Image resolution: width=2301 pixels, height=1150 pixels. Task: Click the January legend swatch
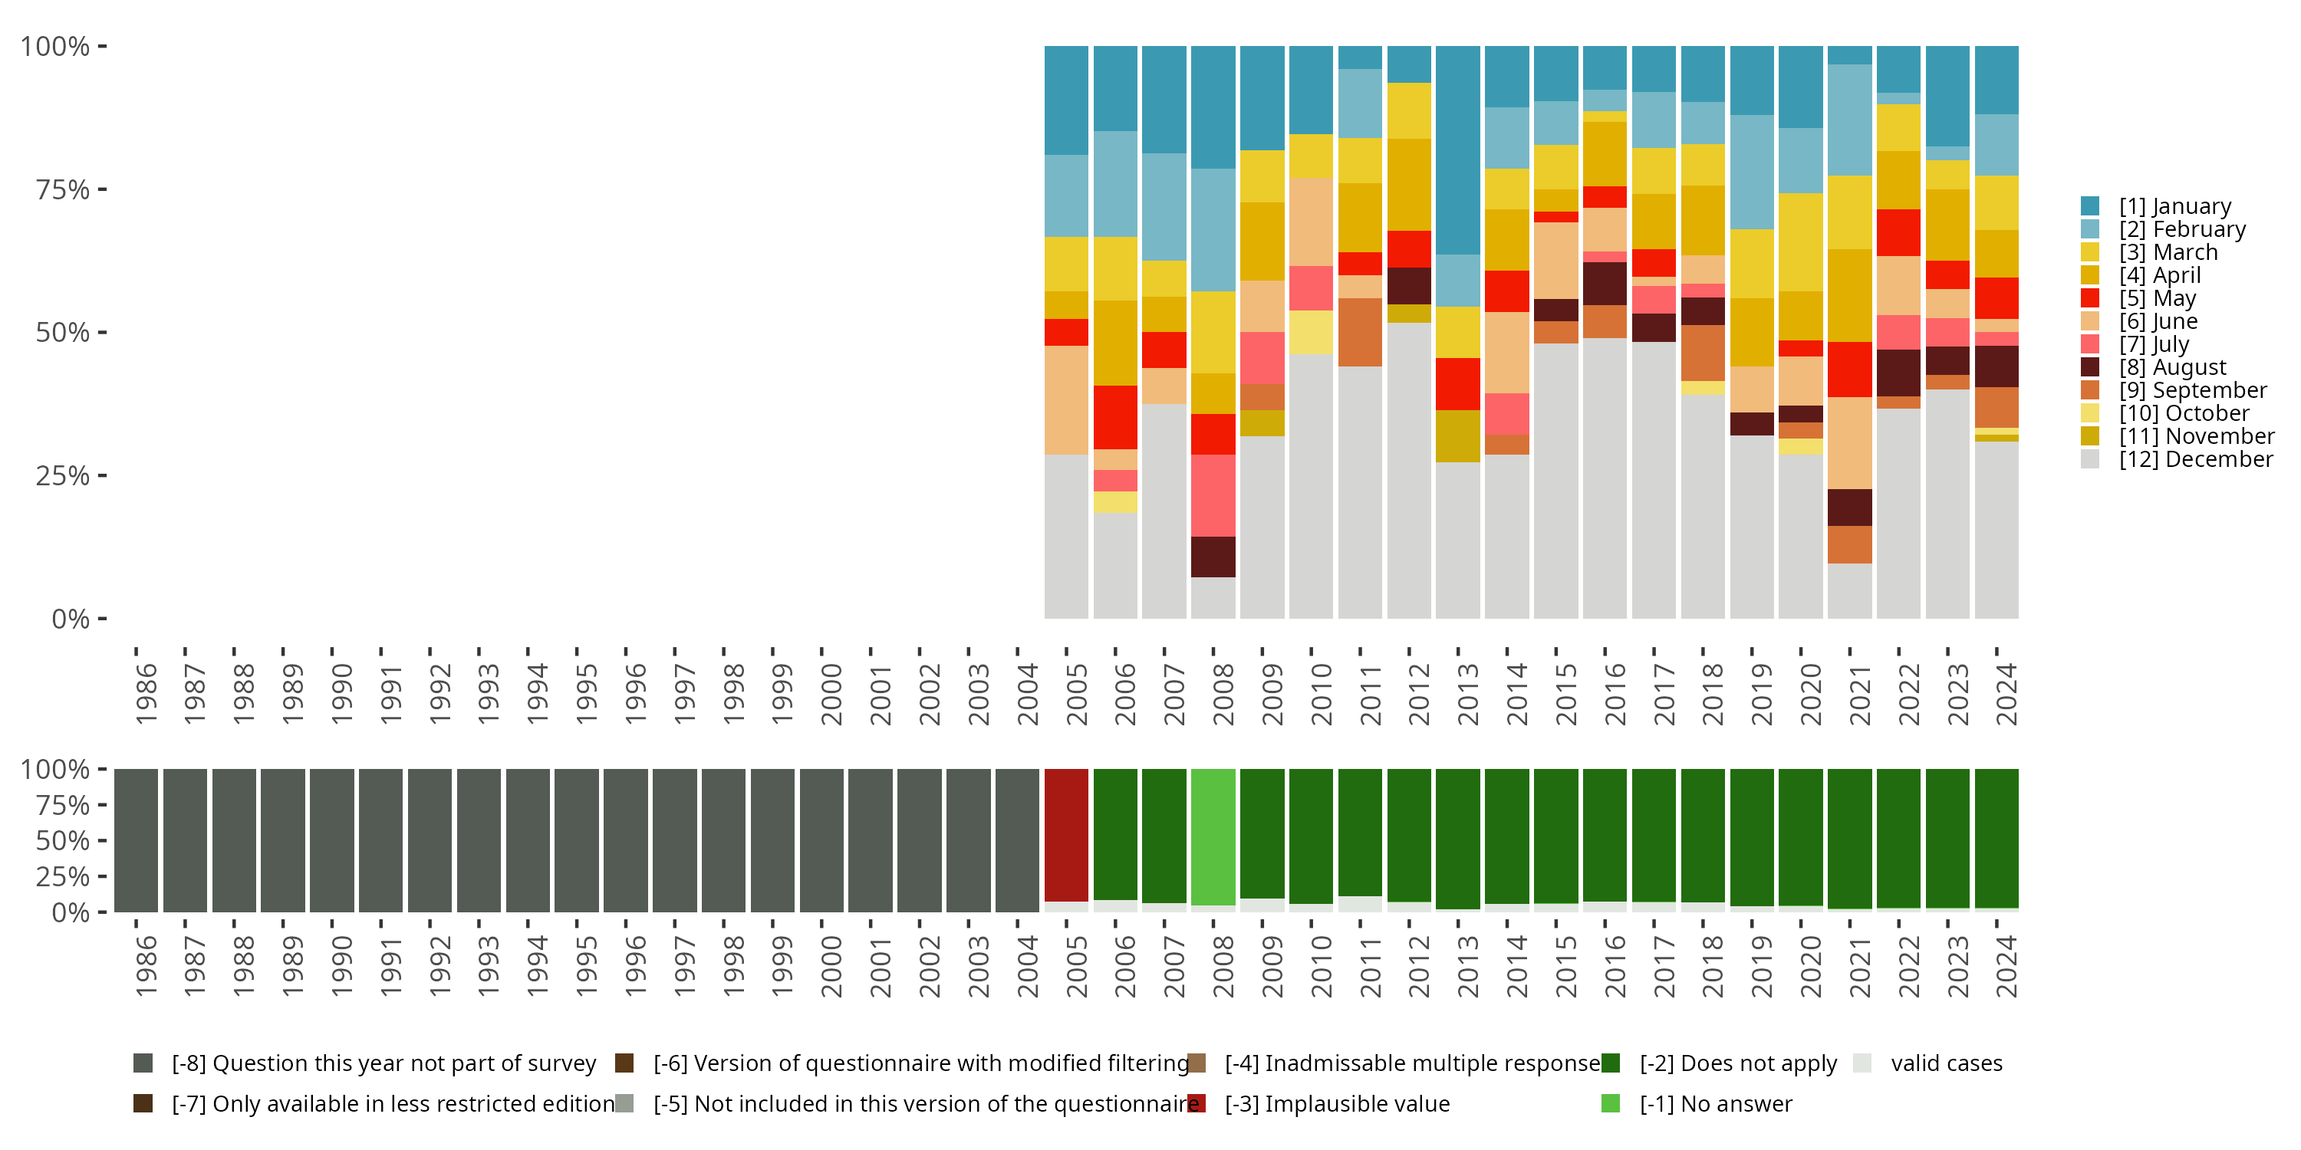pos(2090,206)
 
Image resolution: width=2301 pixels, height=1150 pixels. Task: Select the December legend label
pos(2196,460)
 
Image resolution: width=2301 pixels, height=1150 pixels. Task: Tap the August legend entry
pos(2172,368)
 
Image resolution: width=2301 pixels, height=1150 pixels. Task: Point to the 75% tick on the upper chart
pos(63,190)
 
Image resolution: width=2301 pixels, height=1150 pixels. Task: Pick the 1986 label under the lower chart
pos(146,967)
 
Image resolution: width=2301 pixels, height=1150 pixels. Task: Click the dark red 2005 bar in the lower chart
pos(1067,835)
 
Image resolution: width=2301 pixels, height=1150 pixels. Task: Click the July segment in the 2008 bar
pos(1213,495)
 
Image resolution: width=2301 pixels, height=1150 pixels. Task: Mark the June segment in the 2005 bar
pos(1067,400)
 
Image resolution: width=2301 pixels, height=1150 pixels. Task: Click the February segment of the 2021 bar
pos(1849,120)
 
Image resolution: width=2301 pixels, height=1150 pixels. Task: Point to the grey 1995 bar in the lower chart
pos(576,840)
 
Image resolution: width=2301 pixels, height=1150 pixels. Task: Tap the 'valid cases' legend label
pos(1947,1063)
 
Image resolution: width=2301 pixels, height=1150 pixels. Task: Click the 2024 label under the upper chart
pos(2006,695)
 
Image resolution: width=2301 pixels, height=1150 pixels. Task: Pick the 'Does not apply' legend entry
pos(1737,1063)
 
